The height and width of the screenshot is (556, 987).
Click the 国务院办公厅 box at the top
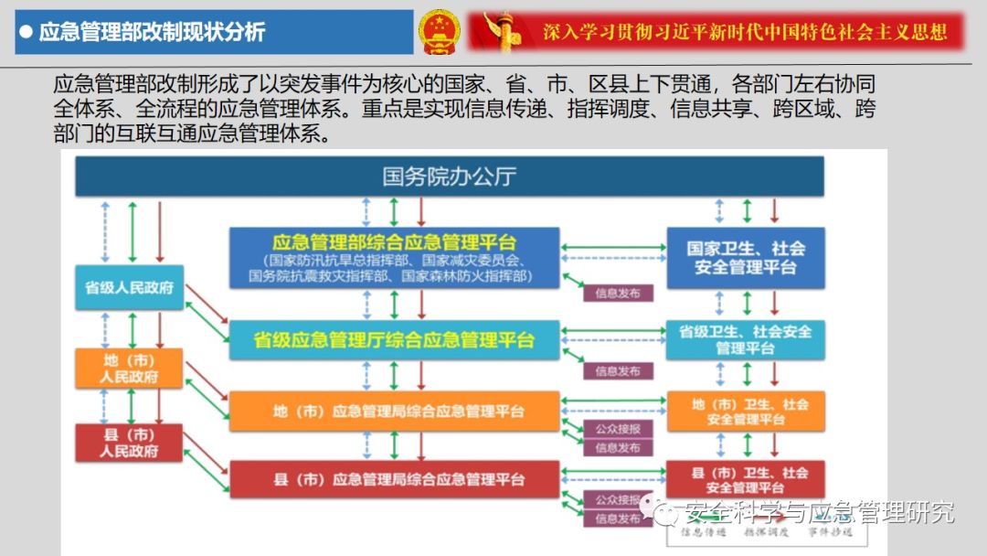(448, 176)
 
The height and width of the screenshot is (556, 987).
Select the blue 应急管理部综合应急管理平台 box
(394, 258)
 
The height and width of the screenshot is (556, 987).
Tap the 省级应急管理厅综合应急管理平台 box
(394, 340)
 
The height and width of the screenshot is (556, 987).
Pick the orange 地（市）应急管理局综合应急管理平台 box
(394, 412)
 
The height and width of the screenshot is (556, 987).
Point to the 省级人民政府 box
(129, 287)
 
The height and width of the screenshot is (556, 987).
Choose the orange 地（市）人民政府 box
(129, 368)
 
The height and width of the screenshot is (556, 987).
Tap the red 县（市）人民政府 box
(129, 443)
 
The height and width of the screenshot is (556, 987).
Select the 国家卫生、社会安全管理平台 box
(745, 258)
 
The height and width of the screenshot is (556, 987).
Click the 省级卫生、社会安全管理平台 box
(745, 339)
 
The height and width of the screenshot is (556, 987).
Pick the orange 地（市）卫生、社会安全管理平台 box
(745, 411)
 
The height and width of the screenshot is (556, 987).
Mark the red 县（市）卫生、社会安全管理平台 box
(745, 479)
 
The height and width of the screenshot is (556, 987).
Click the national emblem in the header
(440, 33)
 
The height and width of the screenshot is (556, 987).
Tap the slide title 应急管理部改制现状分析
(152, 33)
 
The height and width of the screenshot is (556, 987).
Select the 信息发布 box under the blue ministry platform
(619, 294)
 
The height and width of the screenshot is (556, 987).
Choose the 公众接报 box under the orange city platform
(619, 430)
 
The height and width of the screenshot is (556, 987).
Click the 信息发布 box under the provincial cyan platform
(619, 371)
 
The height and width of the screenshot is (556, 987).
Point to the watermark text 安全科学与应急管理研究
(818, 512)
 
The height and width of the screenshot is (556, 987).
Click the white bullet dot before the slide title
(27, 33)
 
